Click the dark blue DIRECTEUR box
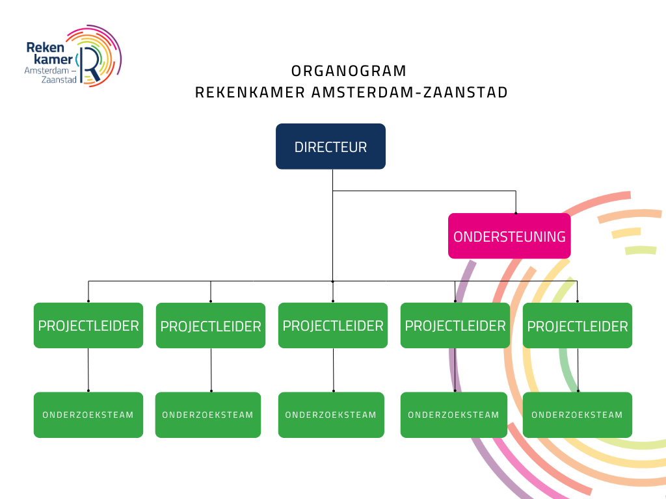[x=330, y=146]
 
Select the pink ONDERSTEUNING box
[x=509, y=236]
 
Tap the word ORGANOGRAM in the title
[x=349, y=71]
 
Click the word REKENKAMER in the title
[x=250, y=92]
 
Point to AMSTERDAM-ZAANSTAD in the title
[x=410, y=92]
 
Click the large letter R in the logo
[x=90, y=64]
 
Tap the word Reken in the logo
[x=46, y=47]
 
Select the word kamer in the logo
[x=53, y=59]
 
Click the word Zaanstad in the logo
[x=59, y=79]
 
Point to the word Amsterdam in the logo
[x=47, y=70]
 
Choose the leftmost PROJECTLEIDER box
[x=88, y=326]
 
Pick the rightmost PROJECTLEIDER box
[x=578, y=326]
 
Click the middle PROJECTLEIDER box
[x=333, y=326]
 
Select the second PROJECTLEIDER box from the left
[x=211, y=326]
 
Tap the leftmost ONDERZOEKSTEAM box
[x=88, y=415]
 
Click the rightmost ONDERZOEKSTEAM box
[x=578, y=415]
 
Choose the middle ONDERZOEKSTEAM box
[x=331, y=415]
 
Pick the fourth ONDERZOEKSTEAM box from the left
[x=453, y=415]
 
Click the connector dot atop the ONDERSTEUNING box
[x=516, y=213]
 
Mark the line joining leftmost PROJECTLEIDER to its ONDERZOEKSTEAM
[x=88, y=370]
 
